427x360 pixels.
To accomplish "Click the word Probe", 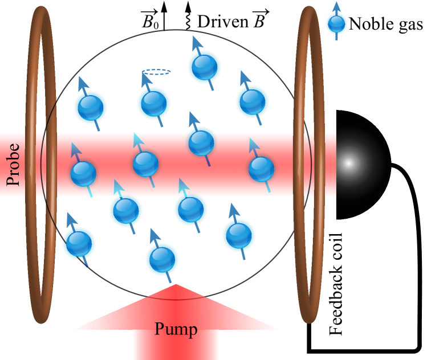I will [x=13, y=165].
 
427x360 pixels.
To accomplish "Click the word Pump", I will [x=176, y=329].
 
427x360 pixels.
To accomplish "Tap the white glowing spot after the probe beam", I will [x=349, y=163].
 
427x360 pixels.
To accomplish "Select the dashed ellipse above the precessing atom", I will [x=156, y=72].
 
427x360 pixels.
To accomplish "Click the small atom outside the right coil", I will [x=336, y=24].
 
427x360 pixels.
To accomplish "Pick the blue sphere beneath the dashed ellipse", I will [x=154, y=103].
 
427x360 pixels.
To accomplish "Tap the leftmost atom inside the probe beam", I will [x=83, y=173].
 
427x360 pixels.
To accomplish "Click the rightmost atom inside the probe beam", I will [x=262, y=169].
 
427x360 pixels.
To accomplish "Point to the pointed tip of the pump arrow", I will [x=176, y=285].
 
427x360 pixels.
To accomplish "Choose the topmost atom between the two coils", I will [x=204, y=67].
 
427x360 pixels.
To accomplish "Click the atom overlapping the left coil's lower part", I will [x=79, y=243].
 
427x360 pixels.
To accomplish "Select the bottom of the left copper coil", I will [x=41, y=320].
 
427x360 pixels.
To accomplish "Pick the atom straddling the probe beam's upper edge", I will [x=201, y=142].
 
